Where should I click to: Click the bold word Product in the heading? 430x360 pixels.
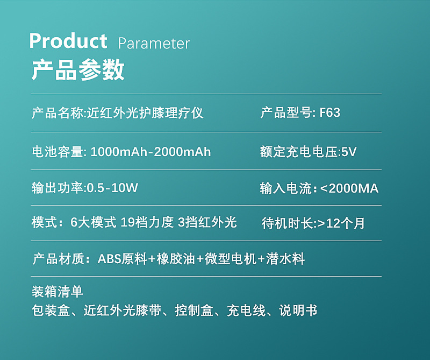pos(68,41)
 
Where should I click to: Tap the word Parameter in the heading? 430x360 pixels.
pos(154,44)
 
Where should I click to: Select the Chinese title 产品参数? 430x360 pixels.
pos(78,70)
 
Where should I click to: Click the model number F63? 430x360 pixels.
pos(330,112)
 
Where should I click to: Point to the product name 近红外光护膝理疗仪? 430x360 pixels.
pos(145,113)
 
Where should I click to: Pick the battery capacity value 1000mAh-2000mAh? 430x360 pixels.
pos(150,152)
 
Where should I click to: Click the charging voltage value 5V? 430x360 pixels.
pos(348,152)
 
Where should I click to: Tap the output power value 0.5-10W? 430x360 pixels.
pos(112,188)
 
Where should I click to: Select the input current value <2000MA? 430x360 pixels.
pos(349,189)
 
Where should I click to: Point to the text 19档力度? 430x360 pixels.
pos(147,222)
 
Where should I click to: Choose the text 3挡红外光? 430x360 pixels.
pos(207,222)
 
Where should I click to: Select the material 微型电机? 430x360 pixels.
pos(231,259)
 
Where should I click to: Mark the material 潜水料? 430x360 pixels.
pos(285,259)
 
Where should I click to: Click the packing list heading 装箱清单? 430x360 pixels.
pos(58,292)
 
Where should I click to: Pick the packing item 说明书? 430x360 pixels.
pos(298,310)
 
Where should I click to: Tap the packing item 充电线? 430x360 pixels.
pos(246,310)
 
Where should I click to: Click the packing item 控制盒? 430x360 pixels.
pos(194,310)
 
